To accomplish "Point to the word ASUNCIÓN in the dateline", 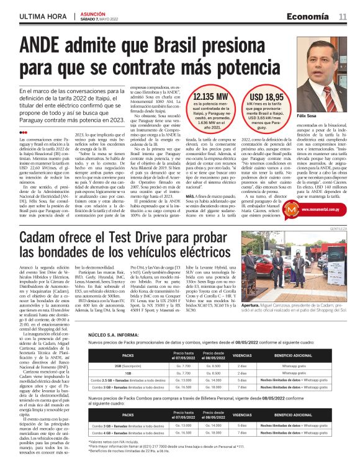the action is tap(90, 13).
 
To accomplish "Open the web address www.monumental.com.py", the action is tap(326, 210).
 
